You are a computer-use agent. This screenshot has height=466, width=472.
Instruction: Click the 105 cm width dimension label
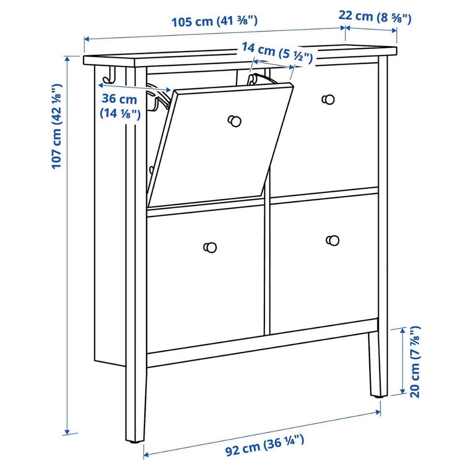click(214, 22)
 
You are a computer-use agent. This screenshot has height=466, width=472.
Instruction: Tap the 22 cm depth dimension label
click(375, 17)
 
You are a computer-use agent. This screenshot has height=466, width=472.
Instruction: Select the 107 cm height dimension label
click(57, 126)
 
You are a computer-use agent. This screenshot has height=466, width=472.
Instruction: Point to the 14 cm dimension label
click(277, 53)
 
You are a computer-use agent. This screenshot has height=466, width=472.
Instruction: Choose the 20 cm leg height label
click(415, 362)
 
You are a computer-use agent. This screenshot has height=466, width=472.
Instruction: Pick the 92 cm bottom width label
click(265, 445)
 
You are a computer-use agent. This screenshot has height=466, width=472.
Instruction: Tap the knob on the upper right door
click(328, 99)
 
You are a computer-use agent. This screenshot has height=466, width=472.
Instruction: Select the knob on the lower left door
click(210, 247)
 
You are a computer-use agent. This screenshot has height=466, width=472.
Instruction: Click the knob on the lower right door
click(332, 240)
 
